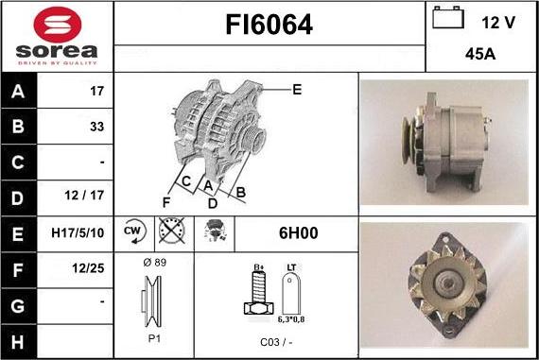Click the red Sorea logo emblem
point(58,25)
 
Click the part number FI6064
point(269,25)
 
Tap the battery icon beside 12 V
point(448,18)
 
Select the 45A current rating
point(480,54)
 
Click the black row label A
point(18,92)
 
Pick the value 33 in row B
point(97,127)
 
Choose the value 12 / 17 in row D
point(84,195)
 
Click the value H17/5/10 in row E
point(78,232)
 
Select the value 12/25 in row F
point(88,268)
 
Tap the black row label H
point(18,342)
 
